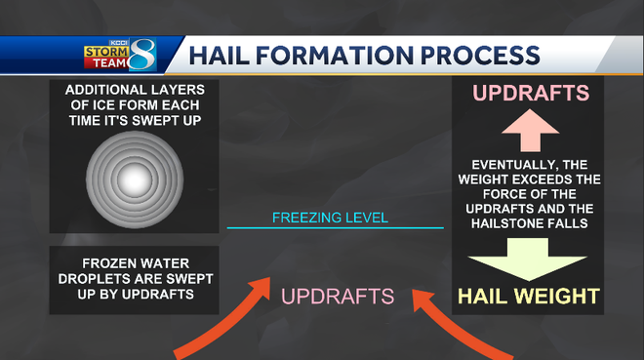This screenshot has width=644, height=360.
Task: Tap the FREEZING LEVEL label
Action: click(330, 217)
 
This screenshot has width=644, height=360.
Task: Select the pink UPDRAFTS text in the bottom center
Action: click(338, 295)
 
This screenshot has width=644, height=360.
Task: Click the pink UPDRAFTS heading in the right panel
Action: click(532, 94)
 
